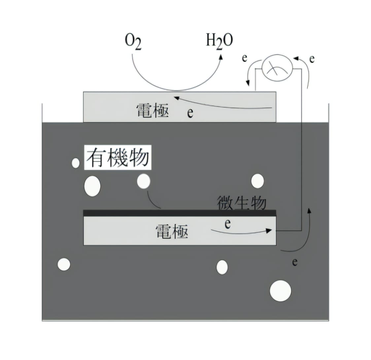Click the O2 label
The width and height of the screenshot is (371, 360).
point(133,42)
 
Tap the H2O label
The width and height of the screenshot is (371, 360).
point(219,42)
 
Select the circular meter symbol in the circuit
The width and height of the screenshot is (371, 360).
point(277,68)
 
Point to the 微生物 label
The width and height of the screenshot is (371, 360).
point(242,202)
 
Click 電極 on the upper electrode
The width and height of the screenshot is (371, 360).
point(152,111)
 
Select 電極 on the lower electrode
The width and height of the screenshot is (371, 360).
point(172,232)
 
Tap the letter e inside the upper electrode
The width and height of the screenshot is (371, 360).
point(190,113)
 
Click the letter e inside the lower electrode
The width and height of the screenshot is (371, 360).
point(228,224)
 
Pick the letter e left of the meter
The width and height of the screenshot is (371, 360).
point(245,58)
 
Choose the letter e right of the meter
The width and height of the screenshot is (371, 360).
point(312,59)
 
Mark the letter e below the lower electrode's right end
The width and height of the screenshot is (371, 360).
point(295,262)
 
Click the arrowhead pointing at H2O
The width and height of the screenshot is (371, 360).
point(221,57)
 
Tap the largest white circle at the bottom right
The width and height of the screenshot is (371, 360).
point(280,291)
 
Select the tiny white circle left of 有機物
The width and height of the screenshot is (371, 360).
point(76,163)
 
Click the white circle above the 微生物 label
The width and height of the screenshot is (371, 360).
point(257,181)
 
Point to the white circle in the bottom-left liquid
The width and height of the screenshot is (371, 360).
point(64,264)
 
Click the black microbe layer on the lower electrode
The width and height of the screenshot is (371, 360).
point(180,213)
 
